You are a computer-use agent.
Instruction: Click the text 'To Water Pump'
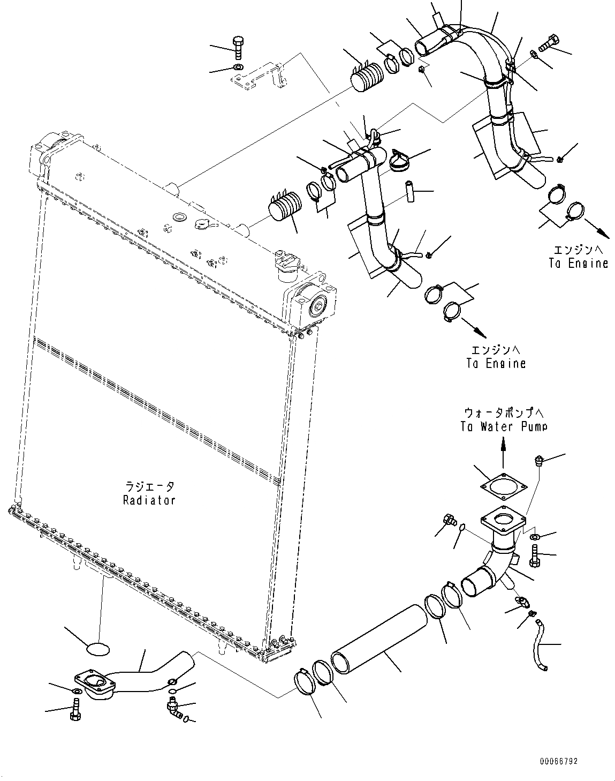click(x=503, y=427)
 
